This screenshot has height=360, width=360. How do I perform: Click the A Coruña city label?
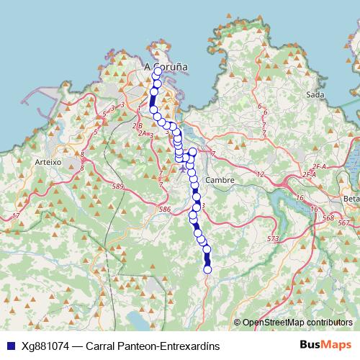point(166,66)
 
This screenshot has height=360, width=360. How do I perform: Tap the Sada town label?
point(314,94)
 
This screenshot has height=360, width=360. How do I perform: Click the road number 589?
point(120,186)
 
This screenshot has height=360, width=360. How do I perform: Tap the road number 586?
point(165,209)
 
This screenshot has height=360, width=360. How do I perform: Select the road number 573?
point(272,238)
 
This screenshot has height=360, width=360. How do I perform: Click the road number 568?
point(329,217)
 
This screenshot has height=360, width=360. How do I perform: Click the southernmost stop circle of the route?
point(208,269)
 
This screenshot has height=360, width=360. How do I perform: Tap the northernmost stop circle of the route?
point(157,71)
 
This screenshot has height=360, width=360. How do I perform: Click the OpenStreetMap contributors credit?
point(297,322)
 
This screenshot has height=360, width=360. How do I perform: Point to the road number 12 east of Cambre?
point(261,174)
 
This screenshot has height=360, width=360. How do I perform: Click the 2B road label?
point(138,125)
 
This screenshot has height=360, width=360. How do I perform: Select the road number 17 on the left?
point(14,216)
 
